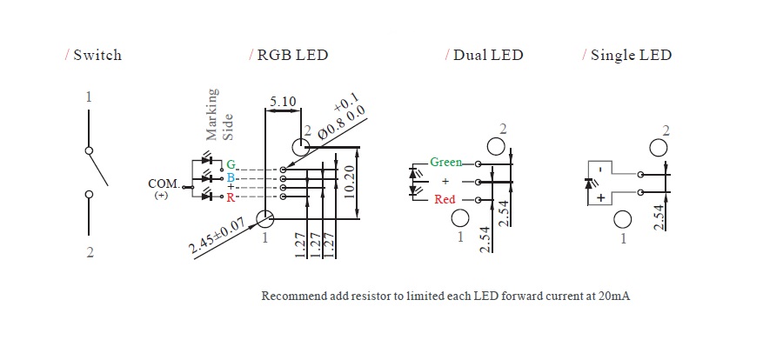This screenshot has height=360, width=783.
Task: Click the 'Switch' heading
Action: pyautogui.click(x=97, y=56)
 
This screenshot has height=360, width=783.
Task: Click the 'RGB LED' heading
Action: pyautogui.click(x=292, y=56)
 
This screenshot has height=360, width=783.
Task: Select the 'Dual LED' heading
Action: pyautogui.click(x=488, y=56)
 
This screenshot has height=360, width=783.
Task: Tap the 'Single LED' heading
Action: pyautogui.click(x=631, y=56)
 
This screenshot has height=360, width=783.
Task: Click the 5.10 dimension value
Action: pyautogui.click(x=283, y=103)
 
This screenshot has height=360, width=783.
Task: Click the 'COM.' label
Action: pyautogui.click(x=164, y=183)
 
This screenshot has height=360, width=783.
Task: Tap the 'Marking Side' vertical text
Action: pyautogui.click(x=220, y=114)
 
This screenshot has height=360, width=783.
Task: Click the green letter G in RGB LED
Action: pyautogui.click(x=231, y=164)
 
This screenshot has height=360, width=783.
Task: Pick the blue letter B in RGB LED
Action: pyautogui.click(x=231, y=177)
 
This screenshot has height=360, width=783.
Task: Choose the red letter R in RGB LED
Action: pyautogui.click(x=231, y=197)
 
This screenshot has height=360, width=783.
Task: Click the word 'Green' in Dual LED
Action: pyautogui.click(x=446, y=163)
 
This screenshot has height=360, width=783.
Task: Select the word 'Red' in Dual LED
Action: pyautogui.click(x=445, y=200)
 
